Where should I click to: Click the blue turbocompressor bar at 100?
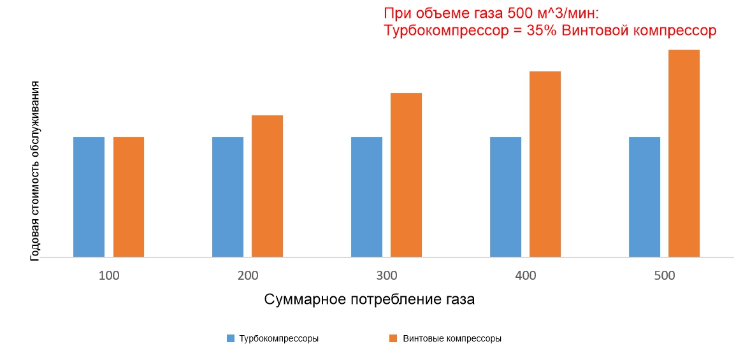coord(89,197)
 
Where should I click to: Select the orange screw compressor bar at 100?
coord(129,197)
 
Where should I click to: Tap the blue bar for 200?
coord(227,197)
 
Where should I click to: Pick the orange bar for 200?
coord(267,186)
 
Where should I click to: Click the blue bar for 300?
coord(366,197)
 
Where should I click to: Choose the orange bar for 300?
coord(406,175)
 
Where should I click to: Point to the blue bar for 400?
coord(505,197)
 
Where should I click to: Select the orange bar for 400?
coord(545,164)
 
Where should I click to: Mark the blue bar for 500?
coord(644,197)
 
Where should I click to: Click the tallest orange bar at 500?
coord(684,154)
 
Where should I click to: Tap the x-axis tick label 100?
coord(109,276)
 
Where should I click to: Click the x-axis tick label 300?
coord(387,276)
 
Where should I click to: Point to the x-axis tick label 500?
coord(664,276)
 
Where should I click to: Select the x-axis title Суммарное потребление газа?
coord(369,299)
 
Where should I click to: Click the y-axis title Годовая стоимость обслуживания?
coord(36,171)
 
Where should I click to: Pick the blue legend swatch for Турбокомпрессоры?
coord(231,338)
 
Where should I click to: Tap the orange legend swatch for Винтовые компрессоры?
coord(393,338)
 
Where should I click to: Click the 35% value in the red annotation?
coord(542,31)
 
